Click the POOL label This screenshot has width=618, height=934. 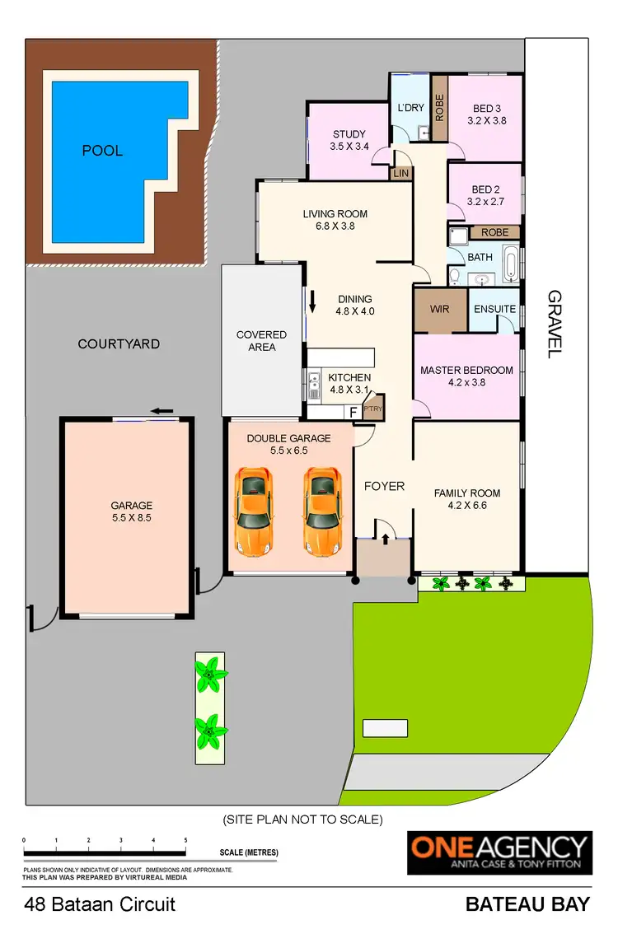[x=102, y=151]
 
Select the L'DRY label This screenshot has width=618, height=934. [x=410, y=108]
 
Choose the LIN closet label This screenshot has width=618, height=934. [x=401, y=173]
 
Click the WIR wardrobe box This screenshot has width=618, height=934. [x=440, y=311]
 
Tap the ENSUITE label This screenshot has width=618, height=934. [x=495, y=310]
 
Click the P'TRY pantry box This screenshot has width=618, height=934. [x=372, y=409]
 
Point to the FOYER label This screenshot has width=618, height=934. [x=384, y=486]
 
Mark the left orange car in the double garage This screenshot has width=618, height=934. [x=254, y=511]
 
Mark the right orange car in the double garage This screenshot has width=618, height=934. [x=322, y=511]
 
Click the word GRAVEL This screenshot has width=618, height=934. [x=554, y=323]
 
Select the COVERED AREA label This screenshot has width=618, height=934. [x=261, y=341]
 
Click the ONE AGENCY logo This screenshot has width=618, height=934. [x=500, y=852]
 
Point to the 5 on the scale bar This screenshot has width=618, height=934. [x=185, y=840]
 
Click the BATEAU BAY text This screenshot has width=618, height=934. [x=527, y=904]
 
